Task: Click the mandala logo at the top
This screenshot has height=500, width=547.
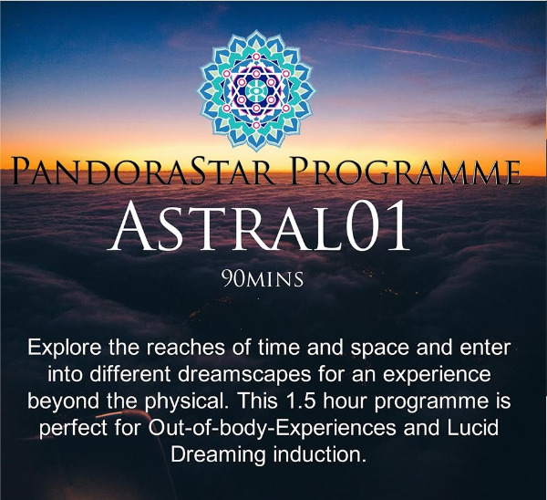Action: pyautogui.click(x=256, y=90)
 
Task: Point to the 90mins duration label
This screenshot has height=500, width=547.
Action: pyautogui.click(x=263, y=279)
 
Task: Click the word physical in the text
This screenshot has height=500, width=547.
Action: pyautogui.click(x=187, y=401)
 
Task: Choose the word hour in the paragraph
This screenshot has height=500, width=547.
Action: pyautogui.click(x=345, y=401)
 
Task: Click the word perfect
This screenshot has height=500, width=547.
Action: pyautogui.click(x=73, y=428)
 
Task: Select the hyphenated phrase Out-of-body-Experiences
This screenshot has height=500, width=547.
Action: pyautogui.click(x=272, y=428)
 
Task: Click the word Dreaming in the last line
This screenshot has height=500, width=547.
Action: pyautogui.click(x=218, y=455)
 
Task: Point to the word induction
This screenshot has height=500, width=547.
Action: pyautogui.click(x=320, y=454)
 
